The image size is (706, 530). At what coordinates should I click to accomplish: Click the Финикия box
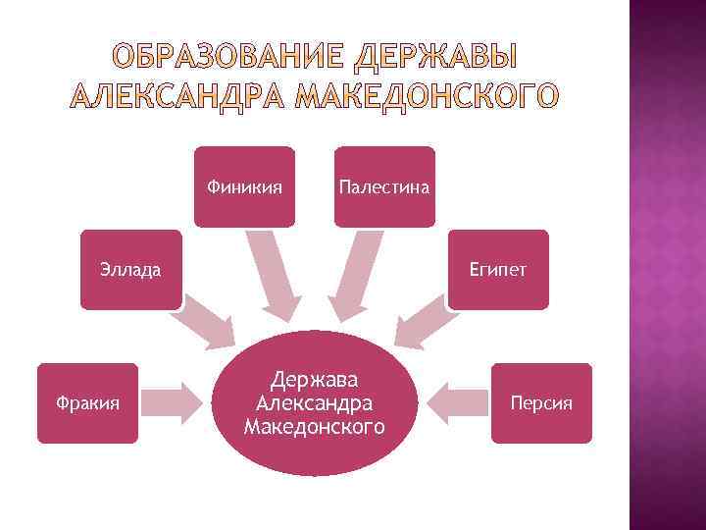[x=245, y=186]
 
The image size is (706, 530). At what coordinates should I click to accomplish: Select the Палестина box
[x=383, y=186]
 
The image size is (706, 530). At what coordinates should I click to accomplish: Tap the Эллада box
[x=131, y=269]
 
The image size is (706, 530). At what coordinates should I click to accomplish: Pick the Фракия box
[x=87, y=402]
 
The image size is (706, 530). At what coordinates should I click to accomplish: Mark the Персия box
[x=542, y=402]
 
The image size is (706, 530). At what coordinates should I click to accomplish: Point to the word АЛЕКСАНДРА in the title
[x=179, y=97]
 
